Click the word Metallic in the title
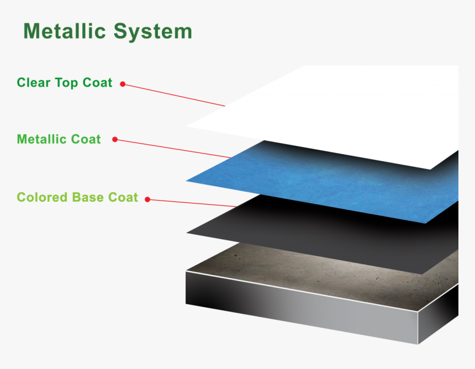click(64, 31)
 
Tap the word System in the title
click(153, 32)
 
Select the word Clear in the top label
click(34, 83)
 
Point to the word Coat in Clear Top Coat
click(97, 83)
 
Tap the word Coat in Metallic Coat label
click(86, 139)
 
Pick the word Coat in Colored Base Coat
click(124, 197)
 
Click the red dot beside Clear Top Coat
click(123, 85)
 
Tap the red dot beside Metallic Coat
click(115, 140)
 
